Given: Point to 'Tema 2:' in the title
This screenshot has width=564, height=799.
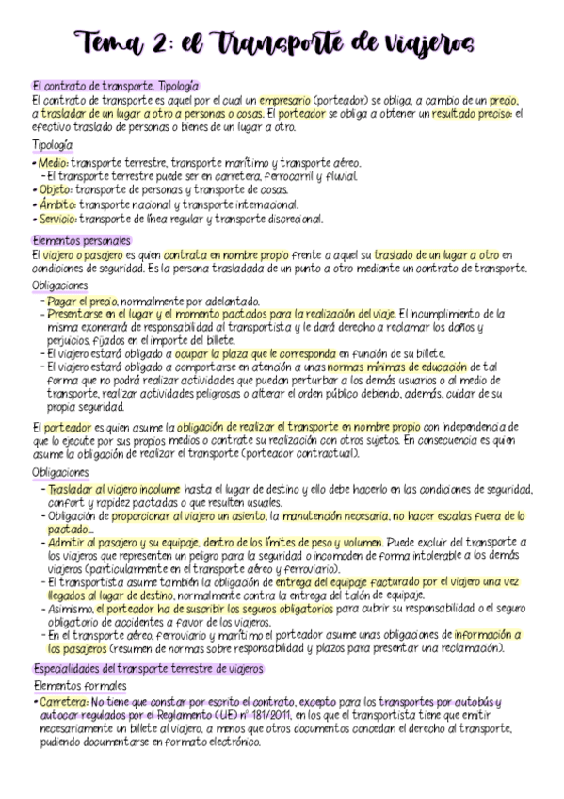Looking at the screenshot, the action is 125,42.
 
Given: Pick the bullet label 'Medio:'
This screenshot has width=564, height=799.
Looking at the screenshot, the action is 53,162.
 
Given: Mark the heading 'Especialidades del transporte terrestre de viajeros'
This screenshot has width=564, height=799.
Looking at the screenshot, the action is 148,668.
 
